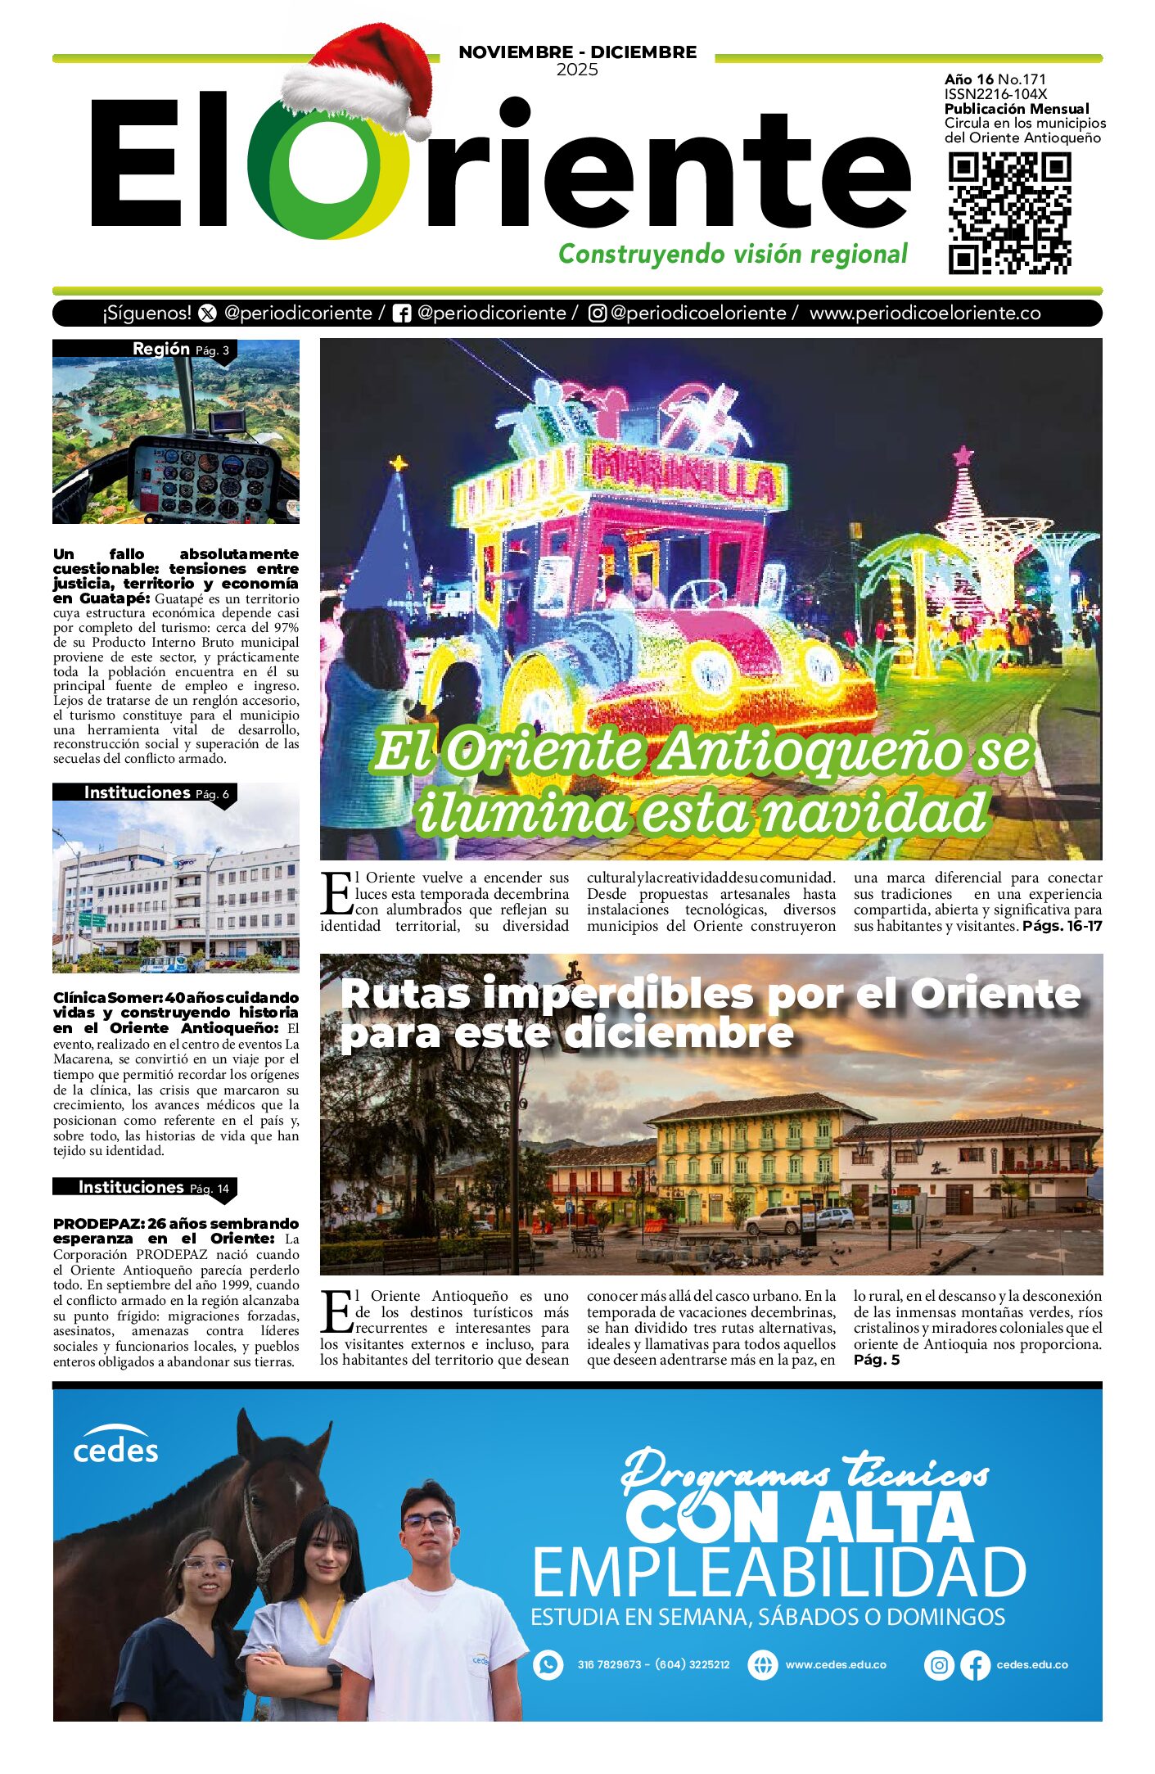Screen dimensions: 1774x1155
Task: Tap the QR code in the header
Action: point(1009,213)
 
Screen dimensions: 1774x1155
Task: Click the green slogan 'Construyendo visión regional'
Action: point(733,254)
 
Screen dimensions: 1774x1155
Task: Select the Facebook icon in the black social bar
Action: point(401,314)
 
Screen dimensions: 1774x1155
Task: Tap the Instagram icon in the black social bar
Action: point(598,314)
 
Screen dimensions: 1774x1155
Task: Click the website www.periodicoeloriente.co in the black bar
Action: point(925,314)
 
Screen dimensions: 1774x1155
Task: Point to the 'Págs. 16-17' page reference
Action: point(1062,926)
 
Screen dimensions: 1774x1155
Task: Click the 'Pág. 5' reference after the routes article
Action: point(876,1360)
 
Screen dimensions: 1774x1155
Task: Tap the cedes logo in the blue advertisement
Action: point(115,1447)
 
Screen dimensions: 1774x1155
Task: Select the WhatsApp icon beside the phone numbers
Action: point(548,1664)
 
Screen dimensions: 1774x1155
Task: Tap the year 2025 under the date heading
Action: point(577,70)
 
